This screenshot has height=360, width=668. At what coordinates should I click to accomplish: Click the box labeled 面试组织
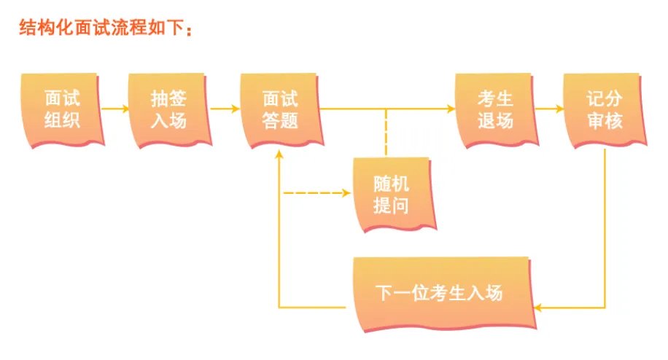[x=61, y=109]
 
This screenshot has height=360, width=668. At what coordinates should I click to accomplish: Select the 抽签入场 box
[x=168, y=109]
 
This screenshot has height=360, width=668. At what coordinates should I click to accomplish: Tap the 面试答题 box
[x=280, y=109]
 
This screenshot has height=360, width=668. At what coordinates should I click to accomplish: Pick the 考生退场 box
[x=495, y=109]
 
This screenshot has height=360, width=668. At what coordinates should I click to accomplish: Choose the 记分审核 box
[x=603, y=109]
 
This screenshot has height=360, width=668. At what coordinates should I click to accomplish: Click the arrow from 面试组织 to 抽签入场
[x=114, y=109]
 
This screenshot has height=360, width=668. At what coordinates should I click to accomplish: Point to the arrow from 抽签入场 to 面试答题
[x=224, y=109]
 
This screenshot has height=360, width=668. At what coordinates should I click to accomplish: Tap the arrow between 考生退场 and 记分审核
[x=549, y=109]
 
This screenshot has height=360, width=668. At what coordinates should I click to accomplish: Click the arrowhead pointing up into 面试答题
[x=280, y=154]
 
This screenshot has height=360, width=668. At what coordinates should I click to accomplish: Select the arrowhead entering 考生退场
[x=449, y=109]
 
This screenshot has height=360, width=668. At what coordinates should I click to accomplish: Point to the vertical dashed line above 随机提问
[x=386, y=131]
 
